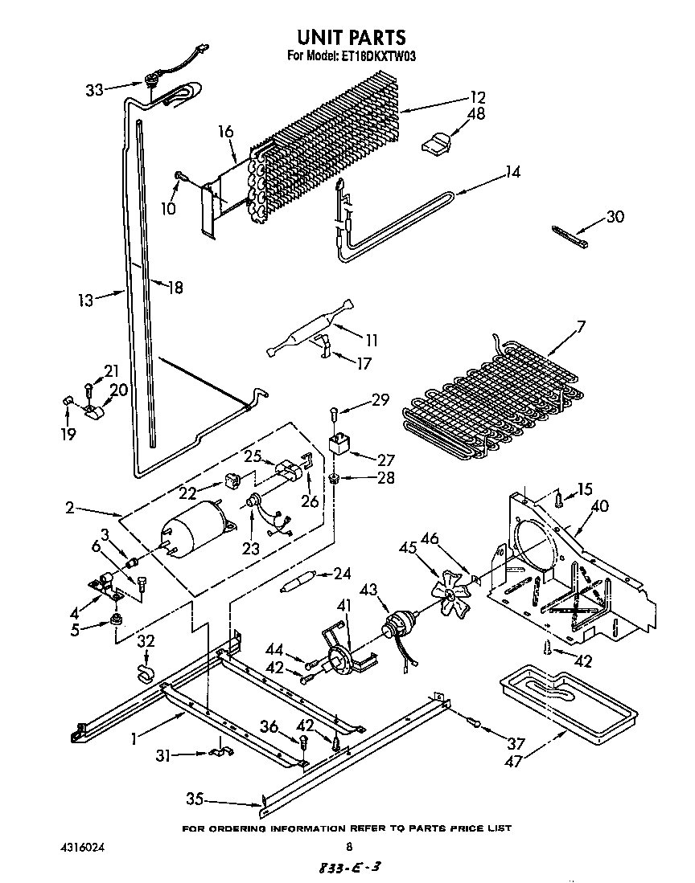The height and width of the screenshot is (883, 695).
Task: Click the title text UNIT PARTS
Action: click(350, 37)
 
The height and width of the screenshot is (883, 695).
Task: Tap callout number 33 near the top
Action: click(95, 90)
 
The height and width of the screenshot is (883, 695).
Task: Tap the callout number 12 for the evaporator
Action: click(478, 98)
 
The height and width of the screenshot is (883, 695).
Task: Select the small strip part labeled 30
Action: click(570, 235)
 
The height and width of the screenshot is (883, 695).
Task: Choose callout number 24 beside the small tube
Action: click(342, 574)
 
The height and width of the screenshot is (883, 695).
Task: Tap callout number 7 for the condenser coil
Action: click(580, 326)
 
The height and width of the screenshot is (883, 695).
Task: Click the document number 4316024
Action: click(82, 847)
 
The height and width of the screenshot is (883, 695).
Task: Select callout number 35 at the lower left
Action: click(195, 799)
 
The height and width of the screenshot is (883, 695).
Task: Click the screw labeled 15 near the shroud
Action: click(557, 500)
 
